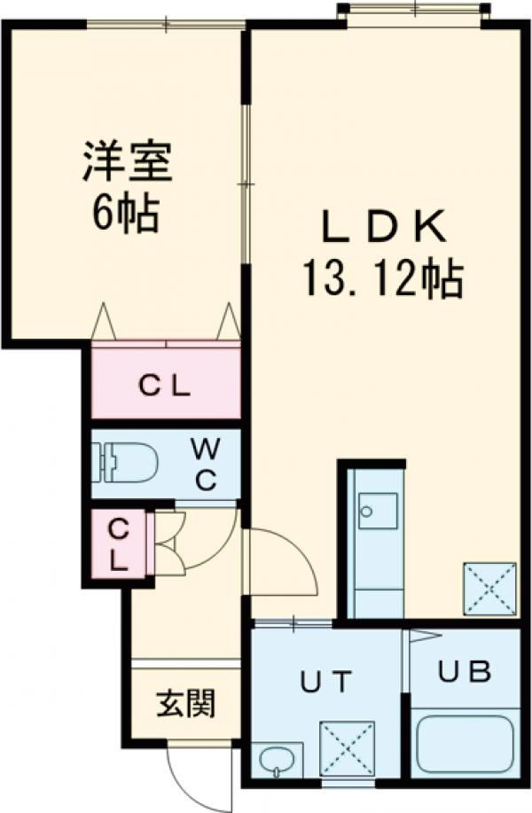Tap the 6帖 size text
(125, 214)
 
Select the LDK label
(384, 228)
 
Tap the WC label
(206, 465)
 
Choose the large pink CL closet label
(164, 387)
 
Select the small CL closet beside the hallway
(119, 544)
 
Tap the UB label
(465, 672)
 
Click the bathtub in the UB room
(465, 745)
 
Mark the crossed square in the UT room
(347, 748)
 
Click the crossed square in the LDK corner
(490, 589)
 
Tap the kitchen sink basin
(378, 511)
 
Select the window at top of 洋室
(166, 24)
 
